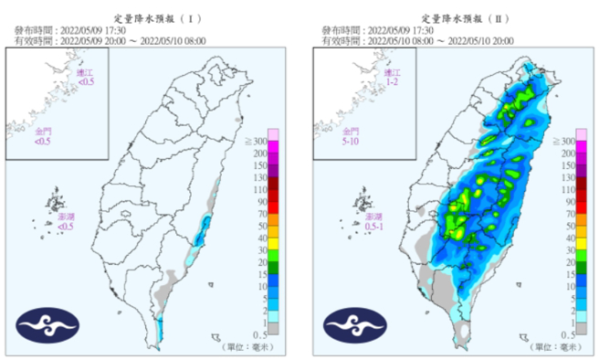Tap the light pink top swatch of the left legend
click(274, 136)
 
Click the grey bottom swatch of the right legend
click(581, 327)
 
